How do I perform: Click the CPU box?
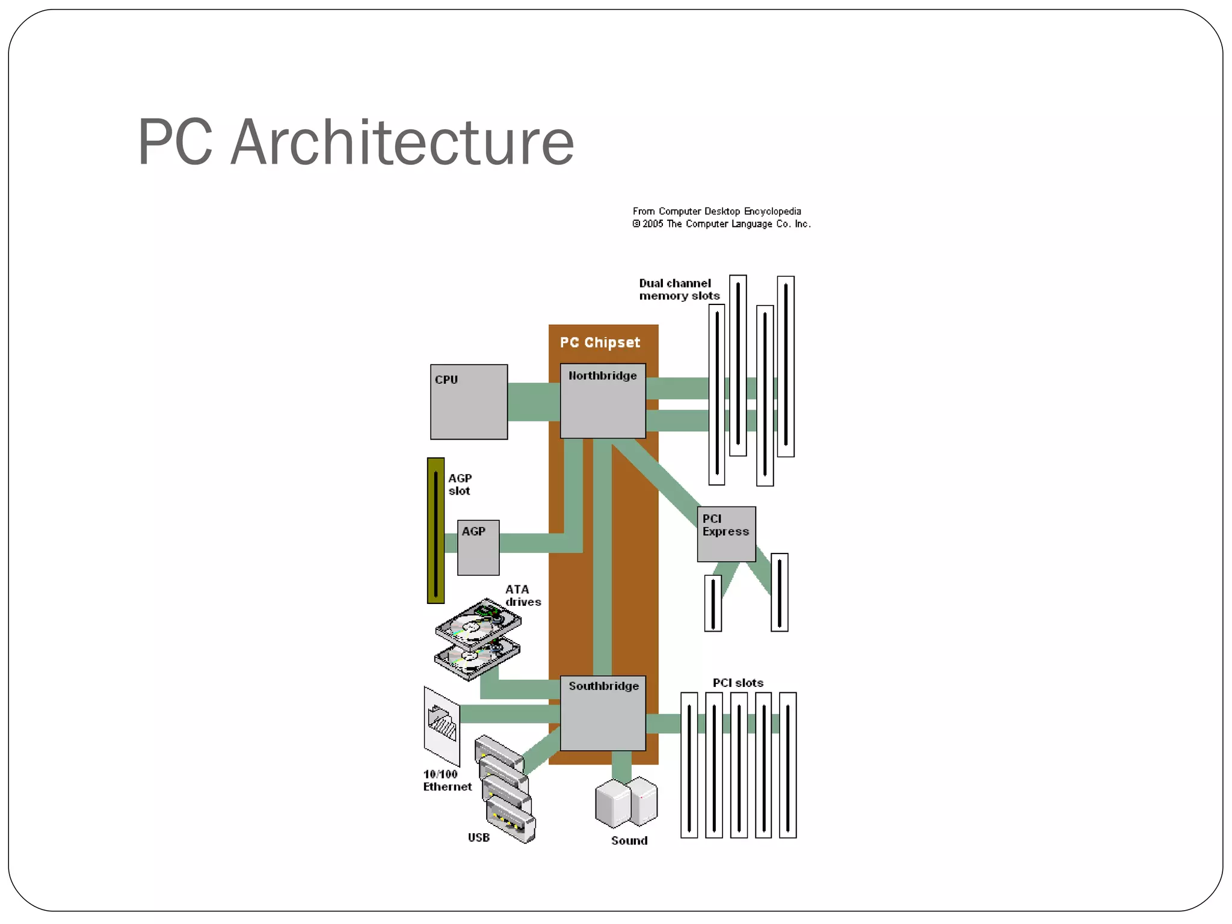coord(469,402)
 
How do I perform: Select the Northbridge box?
coord(603,401)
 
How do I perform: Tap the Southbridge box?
coord(603,713)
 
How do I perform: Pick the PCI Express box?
coord(726,534)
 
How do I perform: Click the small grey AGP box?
coord(478,547)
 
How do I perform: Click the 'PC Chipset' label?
coord(600,343)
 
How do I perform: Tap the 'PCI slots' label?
coord(738,683)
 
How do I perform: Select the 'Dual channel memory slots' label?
coord(679,289)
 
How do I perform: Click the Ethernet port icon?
coord(442,725)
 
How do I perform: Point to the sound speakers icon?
coord(626,802)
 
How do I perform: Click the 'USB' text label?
coord(478,837)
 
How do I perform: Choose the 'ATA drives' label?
coord(522,596)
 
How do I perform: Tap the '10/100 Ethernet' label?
coord(446,780)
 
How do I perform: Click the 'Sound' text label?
coord(629,840)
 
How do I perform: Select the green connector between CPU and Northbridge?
coord(534,402)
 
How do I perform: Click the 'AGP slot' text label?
coord(460,484)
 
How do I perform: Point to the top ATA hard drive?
coord(478,623)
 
